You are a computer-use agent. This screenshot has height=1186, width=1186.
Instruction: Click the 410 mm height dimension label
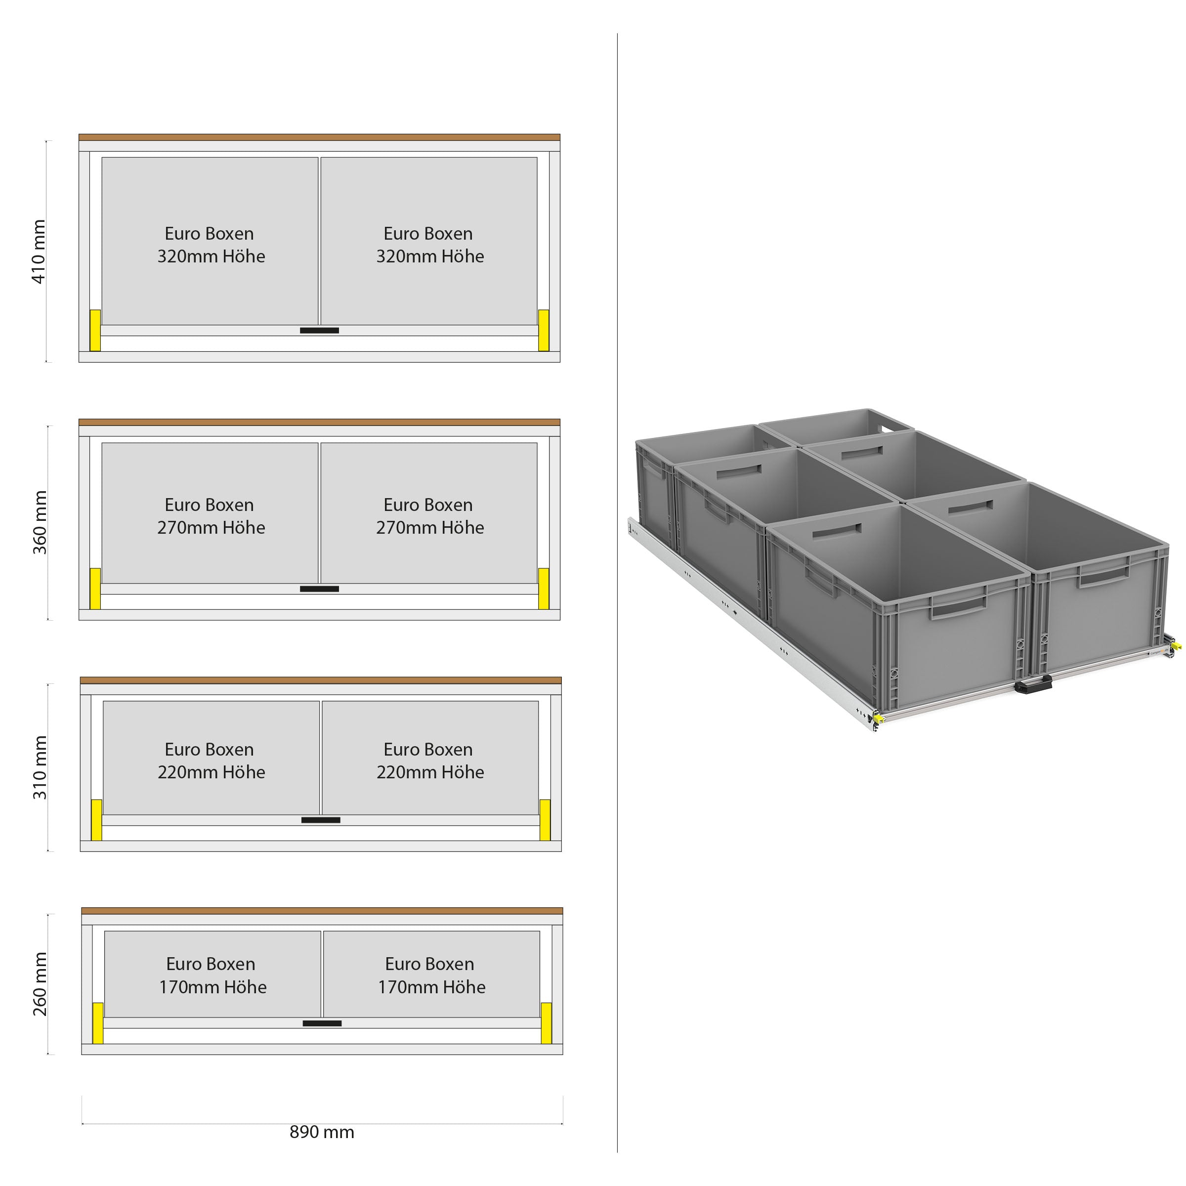pos(39,252)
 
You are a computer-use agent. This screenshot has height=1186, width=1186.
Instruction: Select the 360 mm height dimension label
pos(40,522)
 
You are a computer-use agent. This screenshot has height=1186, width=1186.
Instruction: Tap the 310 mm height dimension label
pos(40,767)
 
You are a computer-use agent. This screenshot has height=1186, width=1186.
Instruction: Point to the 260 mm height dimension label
pos(40,984)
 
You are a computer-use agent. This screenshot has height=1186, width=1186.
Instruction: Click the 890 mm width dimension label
pos(322,1132)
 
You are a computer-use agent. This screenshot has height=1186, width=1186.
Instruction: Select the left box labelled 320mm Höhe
pos(210,241)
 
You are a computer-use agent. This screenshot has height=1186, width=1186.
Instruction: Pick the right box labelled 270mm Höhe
pos(429,513)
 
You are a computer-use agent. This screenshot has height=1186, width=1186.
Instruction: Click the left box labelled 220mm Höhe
pos(211,758)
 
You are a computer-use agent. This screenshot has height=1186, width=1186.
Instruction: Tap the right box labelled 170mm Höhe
pos(431,974)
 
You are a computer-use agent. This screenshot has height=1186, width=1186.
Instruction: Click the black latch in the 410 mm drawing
pos(319,330)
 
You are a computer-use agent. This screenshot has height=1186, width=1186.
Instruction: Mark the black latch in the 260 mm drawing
pos(322,1023)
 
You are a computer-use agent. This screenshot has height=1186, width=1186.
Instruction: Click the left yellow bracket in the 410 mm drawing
pos(95,330)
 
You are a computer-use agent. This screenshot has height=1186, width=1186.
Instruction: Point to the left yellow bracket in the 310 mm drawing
pos(96,819)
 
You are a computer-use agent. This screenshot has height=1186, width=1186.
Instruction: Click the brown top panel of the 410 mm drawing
pos(319,137)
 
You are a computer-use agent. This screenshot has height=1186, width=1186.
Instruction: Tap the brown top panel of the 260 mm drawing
pos(322,911)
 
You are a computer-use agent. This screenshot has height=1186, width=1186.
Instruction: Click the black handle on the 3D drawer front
pos(1033,684)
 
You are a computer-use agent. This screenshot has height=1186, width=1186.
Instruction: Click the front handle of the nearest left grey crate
pos(958,607)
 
